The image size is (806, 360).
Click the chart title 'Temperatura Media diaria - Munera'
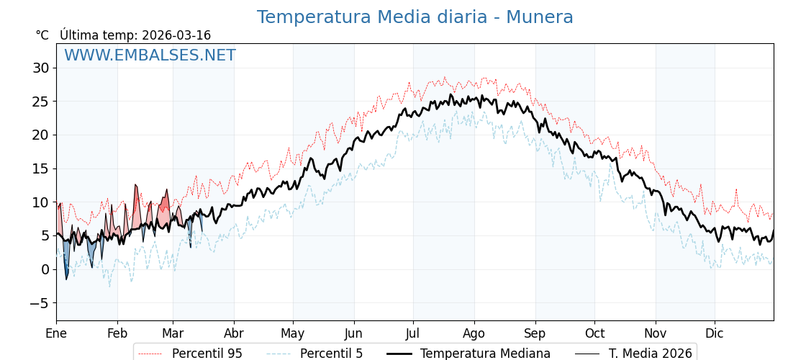point(415,17)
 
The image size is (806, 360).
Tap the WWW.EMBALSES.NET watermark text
point(150,55)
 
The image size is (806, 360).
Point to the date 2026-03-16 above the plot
point(176,35)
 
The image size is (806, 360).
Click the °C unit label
point(42,35)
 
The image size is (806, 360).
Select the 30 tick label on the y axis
point(40,68)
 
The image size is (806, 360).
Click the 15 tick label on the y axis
point(40,168)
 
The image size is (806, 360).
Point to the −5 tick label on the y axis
point(39,303)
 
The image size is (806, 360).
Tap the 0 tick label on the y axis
point(45,269)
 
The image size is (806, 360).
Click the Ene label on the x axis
point(56,333)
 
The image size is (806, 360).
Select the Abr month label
point(234,333)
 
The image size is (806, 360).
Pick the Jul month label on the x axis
point(413,333)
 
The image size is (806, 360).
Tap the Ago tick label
point(474,333)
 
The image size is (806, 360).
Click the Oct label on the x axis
point(594,333)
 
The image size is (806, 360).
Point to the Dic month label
point(715,333)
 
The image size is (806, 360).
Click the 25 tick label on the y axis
point(40,102)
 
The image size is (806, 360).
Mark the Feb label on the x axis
point(117,333)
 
